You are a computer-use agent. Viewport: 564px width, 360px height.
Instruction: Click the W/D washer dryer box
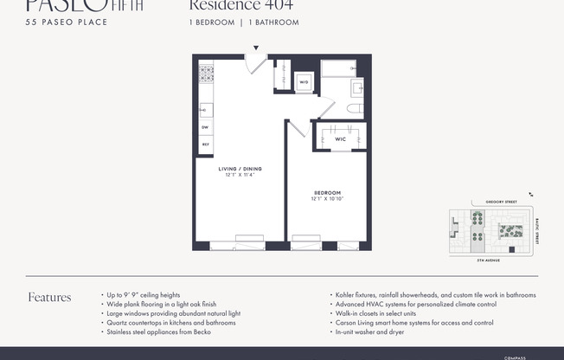point(304,83)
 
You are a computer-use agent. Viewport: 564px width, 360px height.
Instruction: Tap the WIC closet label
point(329,138)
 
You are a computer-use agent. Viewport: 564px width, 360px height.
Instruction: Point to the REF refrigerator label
point(205,144)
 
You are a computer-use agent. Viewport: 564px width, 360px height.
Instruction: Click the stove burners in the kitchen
point(206,74)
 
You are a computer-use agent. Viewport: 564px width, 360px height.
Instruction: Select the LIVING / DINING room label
point(240,169)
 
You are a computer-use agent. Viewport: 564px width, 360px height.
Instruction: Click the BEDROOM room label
point(327,192)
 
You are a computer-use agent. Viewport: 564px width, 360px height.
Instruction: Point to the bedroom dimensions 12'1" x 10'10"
point(327,199)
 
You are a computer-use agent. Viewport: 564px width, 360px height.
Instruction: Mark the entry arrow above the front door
point(255,48)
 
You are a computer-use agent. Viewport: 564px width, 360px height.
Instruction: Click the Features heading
point(49,298)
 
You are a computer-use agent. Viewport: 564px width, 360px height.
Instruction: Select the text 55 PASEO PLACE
point(67,22)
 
